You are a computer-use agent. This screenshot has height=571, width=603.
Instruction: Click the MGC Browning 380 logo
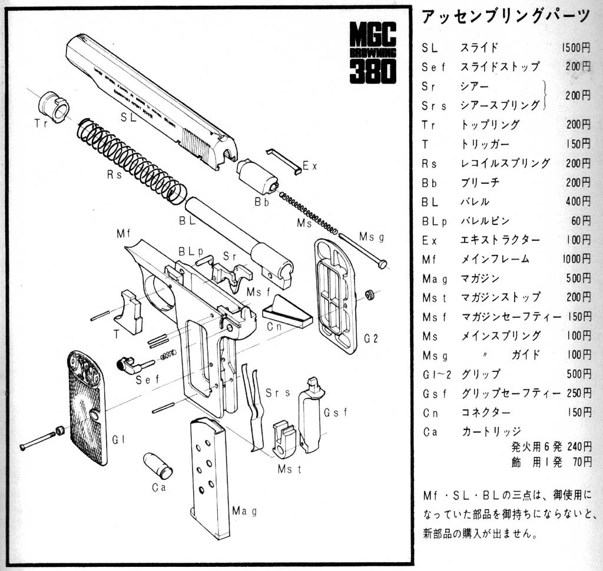click(x=372, y=53)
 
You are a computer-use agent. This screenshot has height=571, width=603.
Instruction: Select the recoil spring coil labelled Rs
click(x=132, y=160)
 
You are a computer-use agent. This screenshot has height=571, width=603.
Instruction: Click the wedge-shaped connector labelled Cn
click(x=287, y=312)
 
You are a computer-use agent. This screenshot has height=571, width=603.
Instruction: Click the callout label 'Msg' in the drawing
click(x=371, y=237)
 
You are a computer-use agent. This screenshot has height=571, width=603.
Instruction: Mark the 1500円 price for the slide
click(x=576, y=48)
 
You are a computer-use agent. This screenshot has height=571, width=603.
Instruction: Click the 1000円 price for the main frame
click(x=576, y=258)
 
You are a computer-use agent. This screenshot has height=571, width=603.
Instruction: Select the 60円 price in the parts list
click(x=581, y=221)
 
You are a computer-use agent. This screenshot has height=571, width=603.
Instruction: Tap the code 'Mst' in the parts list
click(x=435, y=297)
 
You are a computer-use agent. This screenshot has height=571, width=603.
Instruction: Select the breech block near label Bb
click(x=257, y=175)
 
